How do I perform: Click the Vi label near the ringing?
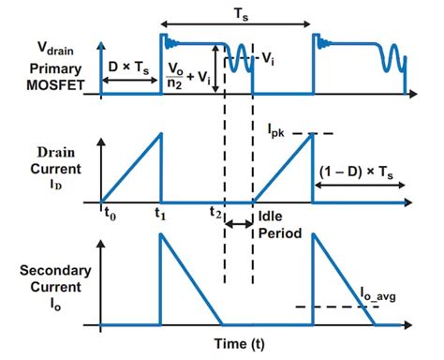[268, 58]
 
